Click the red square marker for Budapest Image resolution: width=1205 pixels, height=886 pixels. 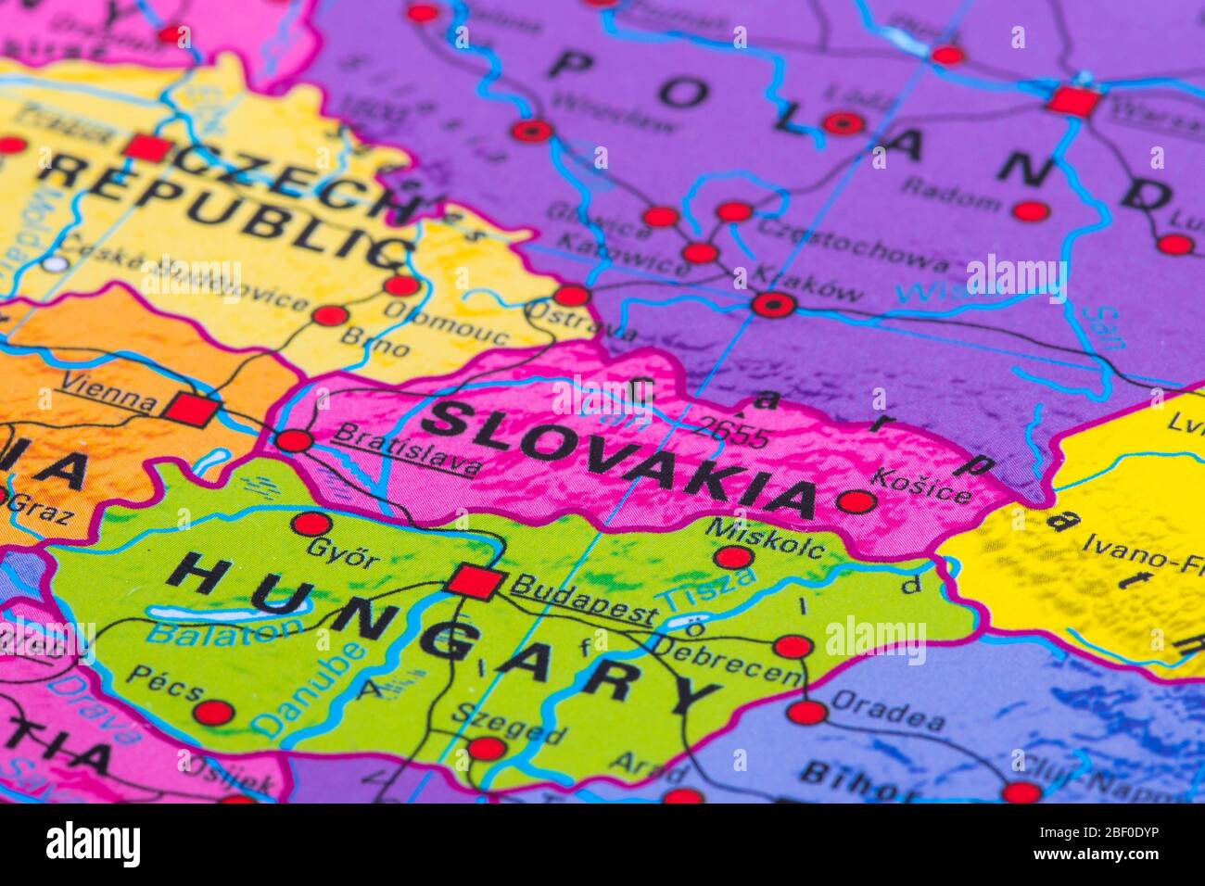click(476, 582)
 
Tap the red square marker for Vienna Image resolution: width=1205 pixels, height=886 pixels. click(193, 409)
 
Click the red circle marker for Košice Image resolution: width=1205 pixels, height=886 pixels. click(856, 502)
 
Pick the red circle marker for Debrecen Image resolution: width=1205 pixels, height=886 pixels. click(793, 647)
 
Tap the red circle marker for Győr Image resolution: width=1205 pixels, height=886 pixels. click(311, 524)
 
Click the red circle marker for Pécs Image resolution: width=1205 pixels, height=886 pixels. click(213, 713)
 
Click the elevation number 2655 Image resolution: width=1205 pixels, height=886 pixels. click(731, 433)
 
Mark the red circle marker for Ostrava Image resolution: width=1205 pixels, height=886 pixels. click(571, 296)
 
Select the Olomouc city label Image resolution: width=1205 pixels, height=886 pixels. click(446, 323)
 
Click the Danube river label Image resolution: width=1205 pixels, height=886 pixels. click(309, 690)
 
